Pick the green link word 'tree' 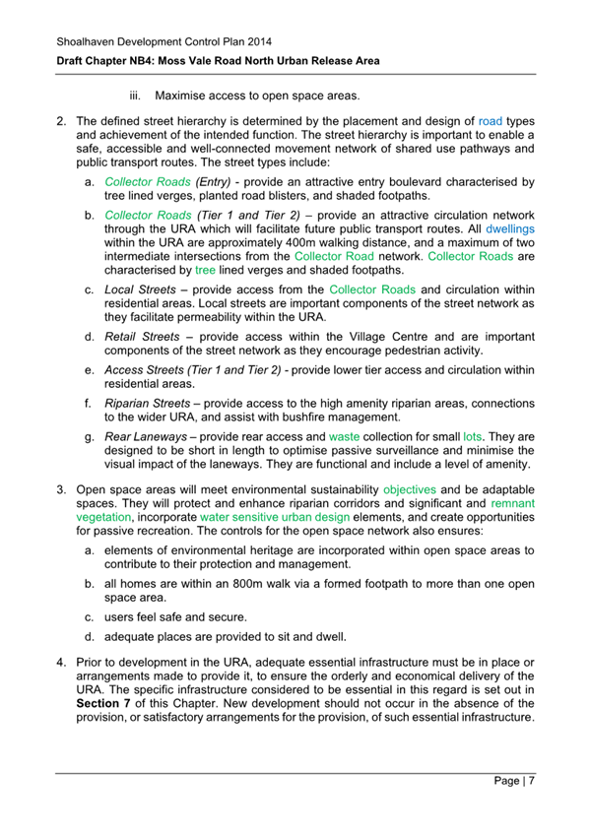[205, 269]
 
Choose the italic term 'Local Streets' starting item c [144, 290]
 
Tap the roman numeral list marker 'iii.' [136, 96]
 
